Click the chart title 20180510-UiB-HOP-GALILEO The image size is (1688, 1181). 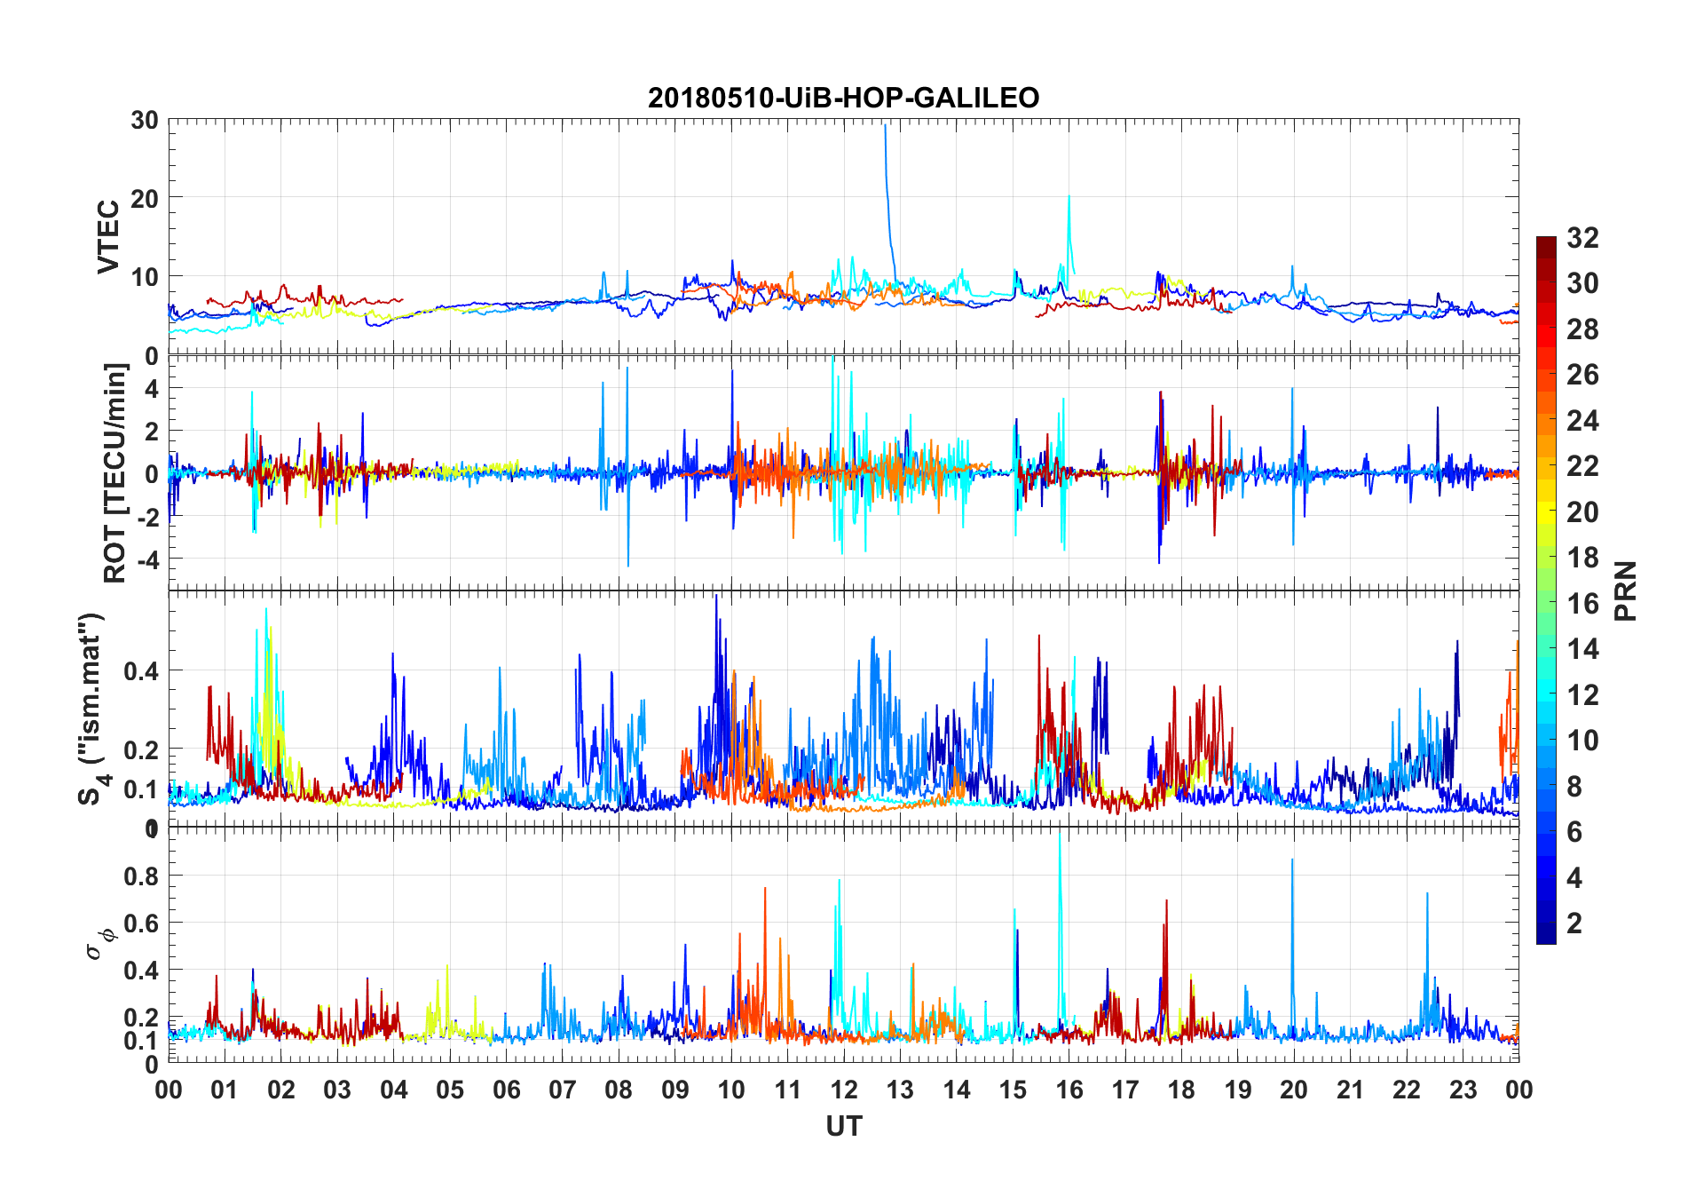coord(843,98)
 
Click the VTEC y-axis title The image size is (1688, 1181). coord(108,237)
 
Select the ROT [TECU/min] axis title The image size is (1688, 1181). coord(115,472)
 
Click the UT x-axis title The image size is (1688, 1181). coord(843,1127)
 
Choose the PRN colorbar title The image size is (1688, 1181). coord(1625,590)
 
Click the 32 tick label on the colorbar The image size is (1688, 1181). coord(1583,238)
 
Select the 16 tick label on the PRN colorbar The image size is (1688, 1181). coord(1583,604)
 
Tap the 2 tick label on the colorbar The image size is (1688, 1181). coord(1574,923)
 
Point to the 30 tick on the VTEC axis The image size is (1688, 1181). coord(145,120)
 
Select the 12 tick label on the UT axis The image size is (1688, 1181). coord(844,1090)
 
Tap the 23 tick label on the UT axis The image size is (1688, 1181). coord(1463,1090)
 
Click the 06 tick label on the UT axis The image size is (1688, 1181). coord(506,1090)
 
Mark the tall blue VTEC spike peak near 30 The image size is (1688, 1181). coord(885,126)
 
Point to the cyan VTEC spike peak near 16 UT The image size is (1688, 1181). coord(1069,196)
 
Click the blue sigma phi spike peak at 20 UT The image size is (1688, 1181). coord(1292,860)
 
